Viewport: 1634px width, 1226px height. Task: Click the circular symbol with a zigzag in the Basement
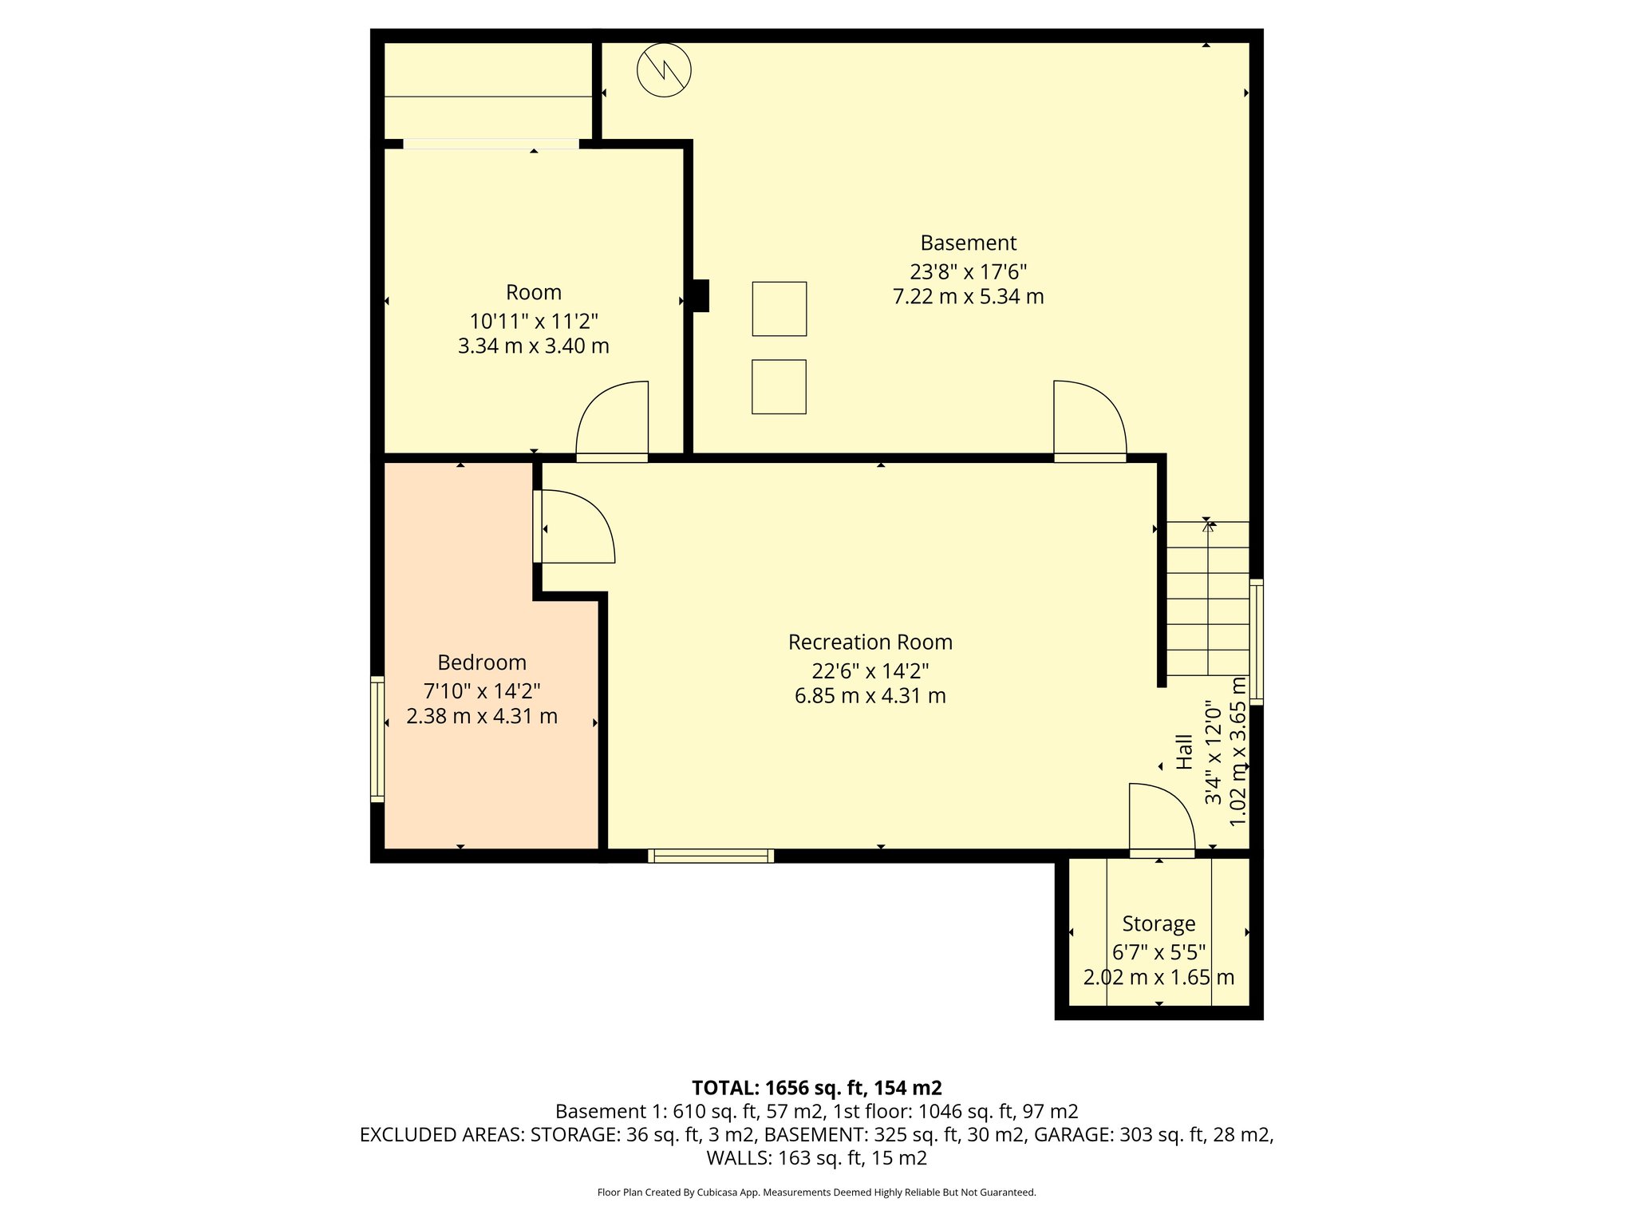point(664,70)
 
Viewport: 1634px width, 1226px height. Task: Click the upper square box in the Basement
point(779,308)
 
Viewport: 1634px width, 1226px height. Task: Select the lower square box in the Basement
point(779,386)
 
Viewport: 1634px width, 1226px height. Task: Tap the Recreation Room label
point(870,642)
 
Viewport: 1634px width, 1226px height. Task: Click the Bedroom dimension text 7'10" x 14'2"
point(482,690)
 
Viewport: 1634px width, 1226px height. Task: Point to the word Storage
point(1158,923)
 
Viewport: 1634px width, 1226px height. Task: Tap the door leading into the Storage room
point(1161,822)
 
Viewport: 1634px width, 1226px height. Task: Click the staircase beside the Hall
point(1208,599)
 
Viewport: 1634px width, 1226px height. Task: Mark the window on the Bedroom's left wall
point(377,738)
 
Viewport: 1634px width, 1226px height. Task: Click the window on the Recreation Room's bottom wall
point(711,856)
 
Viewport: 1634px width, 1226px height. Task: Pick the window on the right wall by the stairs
point(1256,642)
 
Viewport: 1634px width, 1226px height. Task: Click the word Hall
point(1185,752)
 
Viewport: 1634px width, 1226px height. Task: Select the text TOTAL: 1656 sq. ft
point(778,1088)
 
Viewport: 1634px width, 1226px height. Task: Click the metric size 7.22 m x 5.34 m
point(968,297)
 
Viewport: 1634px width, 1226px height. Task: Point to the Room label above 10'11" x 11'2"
point(533,292)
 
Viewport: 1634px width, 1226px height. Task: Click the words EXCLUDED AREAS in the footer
point(441,1134)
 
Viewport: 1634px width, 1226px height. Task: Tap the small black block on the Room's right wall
point(701,295)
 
